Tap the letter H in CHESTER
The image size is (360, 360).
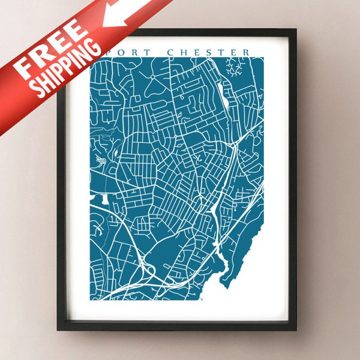click(x=184, y=52)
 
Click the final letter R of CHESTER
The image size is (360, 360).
click(x=245, y=52)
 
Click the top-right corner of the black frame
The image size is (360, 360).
click(x=295, y=31)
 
